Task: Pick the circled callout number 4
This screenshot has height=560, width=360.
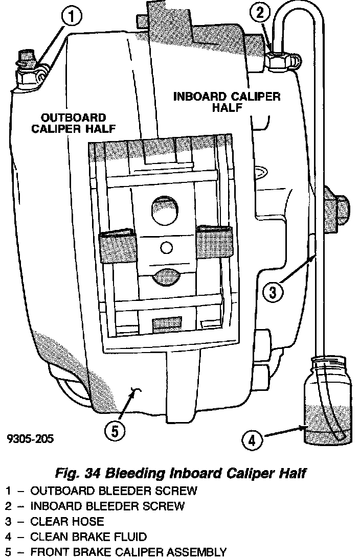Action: pos(252,438)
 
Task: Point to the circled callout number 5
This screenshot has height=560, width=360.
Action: pos(115,430)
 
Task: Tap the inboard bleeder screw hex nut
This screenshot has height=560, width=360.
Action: pos(279,61)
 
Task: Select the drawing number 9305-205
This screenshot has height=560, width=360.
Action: pos(30,439)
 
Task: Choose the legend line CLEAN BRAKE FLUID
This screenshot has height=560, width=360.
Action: pos(88,537)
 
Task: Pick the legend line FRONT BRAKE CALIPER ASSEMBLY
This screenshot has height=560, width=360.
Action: pos(128,552)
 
